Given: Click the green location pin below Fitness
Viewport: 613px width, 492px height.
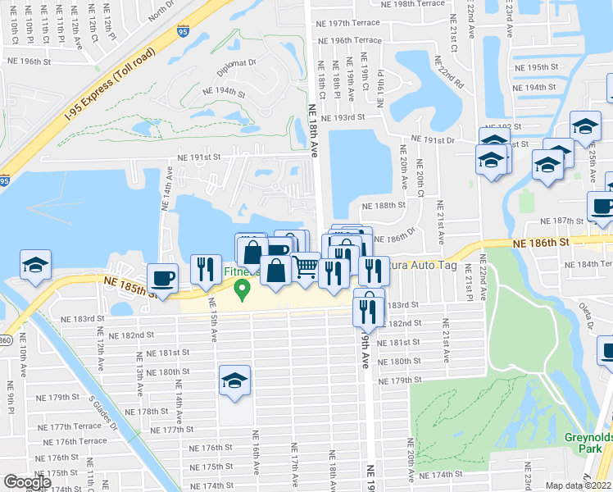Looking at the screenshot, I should click(242, 289).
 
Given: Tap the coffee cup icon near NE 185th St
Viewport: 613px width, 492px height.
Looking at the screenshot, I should click(161, 277).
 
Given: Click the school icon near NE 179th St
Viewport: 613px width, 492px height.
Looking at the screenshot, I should click(234, 380).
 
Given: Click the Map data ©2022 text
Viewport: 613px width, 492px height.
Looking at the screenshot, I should click(579, 485).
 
